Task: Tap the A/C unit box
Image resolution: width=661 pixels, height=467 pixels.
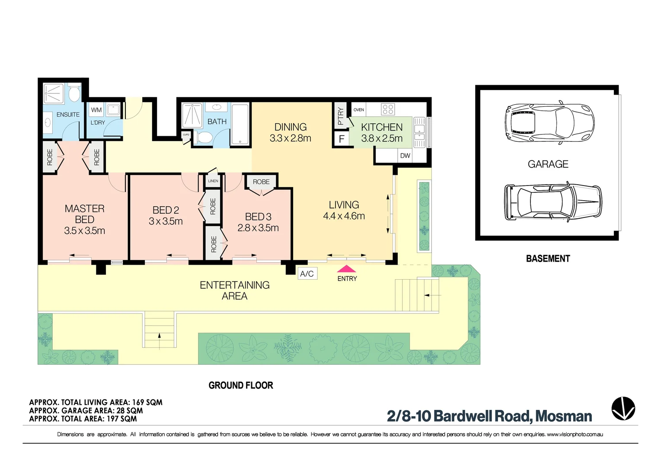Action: coord(307,274)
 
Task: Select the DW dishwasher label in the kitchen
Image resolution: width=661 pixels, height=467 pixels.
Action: coord(405,156)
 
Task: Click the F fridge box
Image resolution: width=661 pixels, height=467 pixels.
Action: coord(342,139)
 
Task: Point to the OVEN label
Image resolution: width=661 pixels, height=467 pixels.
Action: coord(359,110)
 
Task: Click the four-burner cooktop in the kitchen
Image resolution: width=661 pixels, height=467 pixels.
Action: coord(388,109)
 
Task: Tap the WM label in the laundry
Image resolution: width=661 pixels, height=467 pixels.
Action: coord(96,110)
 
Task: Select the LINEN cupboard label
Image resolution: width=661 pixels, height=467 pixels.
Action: coord(213,181)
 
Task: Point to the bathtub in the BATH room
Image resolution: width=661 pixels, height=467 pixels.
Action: coord(240,124)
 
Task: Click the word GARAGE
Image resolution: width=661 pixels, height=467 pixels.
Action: coord(548,164)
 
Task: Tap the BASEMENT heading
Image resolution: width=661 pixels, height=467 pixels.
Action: coord(548,259)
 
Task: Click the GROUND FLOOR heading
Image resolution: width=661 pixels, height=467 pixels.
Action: coord(241,385)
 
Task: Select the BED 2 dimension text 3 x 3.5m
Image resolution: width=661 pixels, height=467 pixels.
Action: coord(166,221)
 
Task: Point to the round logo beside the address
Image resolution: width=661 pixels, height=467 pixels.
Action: coord(623,408)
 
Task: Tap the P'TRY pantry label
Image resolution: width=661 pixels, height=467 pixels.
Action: coord(341,116)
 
